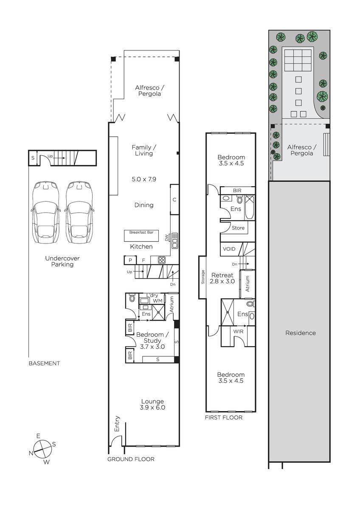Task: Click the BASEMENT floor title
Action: [44, 364]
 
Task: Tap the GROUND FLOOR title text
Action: [131, 459]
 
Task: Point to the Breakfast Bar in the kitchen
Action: [141, 236]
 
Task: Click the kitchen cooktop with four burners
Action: [161, 260]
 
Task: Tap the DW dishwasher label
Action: [167, 238]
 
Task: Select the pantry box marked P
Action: [130, 260]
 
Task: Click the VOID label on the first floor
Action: [229, 249]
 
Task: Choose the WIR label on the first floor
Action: [238, 332]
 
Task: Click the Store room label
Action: [238, 228]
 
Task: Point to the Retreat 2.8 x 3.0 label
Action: [222, 278]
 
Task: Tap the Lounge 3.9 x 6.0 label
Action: [152, 405]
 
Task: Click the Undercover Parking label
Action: [62, 261]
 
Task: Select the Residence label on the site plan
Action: [301, 333]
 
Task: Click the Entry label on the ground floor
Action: [117, 424]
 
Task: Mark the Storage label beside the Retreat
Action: [203, 277]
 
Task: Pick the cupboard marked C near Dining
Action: [174, 199]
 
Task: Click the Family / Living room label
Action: [144, 151]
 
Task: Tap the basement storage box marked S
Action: [33, 158]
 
